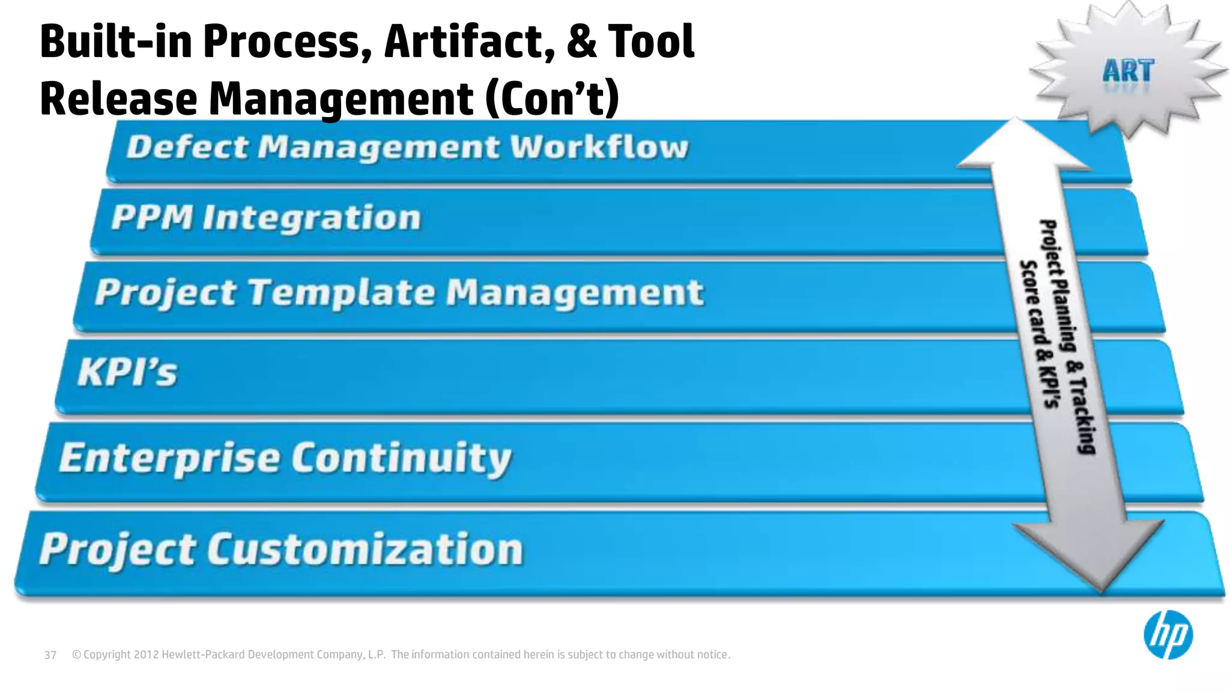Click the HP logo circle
point(1168,635)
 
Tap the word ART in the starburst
point(1128,71)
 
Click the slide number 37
point(50,655)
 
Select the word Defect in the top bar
point(187,147)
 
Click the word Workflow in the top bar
point(599,147)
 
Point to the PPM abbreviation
point(152,217)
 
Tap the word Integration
point(311,218)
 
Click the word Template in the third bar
point(341,293)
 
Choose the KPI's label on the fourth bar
point(128,372)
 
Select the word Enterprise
point(169,458)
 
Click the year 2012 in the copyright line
point(146,655)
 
